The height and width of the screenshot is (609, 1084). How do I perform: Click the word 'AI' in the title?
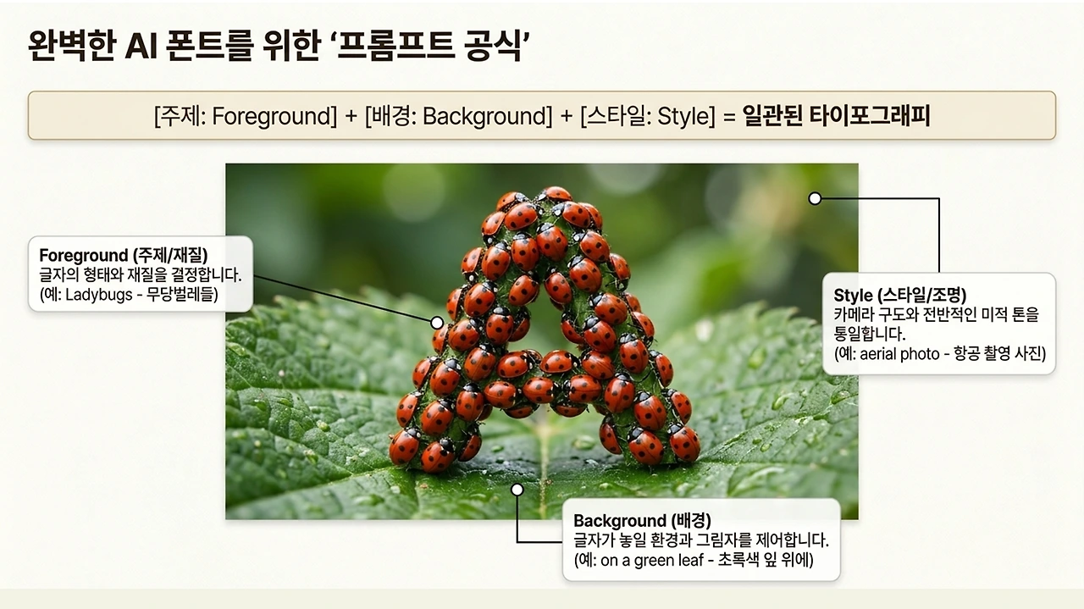coord(141,46)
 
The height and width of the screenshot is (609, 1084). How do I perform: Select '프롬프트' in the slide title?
coord(395,46)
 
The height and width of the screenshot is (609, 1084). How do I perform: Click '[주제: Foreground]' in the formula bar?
coord(246,116)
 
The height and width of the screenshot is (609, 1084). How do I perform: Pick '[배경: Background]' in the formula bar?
coord(458,116)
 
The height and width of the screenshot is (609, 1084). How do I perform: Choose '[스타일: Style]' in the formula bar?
coord(648,116)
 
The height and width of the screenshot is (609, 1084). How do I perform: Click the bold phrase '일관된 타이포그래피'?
coord(836,116)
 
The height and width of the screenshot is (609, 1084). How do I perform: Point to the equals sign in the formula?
coord(729,117)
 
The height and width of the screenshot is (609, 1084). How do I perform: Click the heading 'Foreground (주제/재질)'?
coord(124,255)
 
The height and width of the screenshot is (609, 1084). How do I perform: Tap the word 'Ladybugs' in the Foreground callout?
coord(99,294)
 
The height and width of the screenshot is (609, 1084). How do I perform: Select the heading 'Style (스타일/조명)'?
coord(900,295)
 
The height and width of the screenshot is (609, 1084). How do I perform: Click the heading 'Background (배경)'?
coord(642,520)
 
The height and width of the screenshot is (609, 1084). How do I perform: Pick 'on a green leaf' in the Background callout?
coord(652,560)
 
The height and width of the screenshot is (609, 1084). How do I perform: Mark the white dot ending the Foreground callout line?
coord(437,323)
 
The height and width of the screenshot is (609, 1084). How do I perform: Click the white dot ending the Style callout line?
coord(815,198)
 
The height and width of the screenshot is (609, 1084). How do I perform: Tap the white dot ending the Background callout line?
coord(517,490)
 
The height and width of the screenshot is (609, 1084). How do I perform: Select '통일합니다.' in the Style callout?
coord(870,334)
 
